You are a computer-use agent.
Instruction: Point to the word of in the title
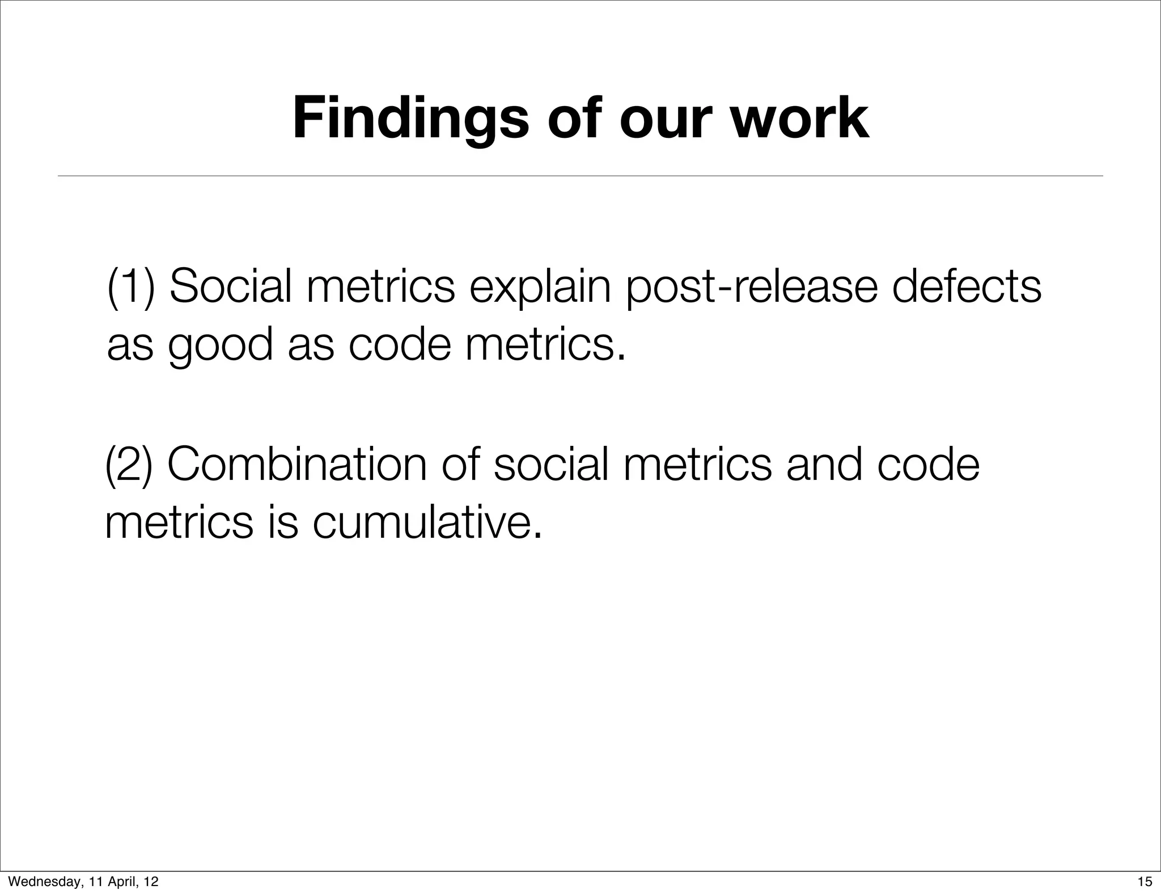[576, 119]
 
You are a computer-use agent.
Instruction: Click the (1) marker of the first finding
[131, 287]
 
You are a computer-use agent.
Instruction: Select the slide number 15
[1145, 882]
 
